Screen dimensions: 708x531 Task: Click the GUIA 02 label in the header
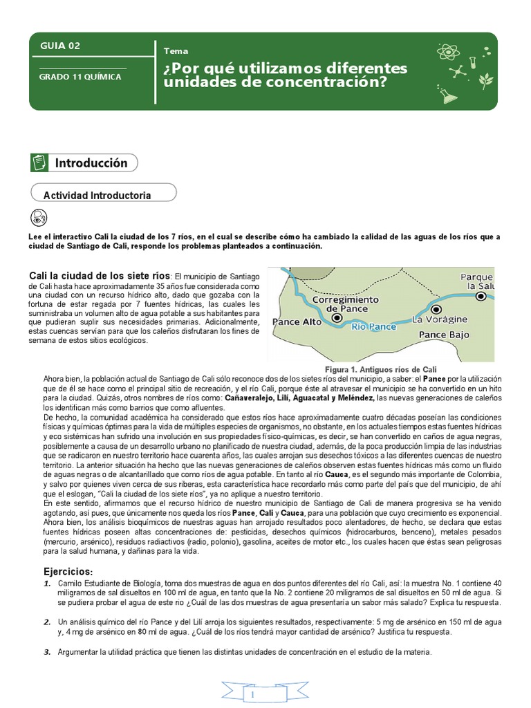click(x=59, y=46)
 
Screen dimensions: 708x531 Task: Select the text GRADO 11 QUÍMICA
click(x=80, y=77)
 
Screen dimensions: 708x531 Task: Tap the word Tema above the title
click(x=176, y=50)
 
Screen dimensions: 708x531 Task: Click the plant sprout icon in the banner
click(x=486, y=79)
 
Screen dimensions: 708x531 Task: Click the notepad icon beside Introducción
click(x=39, y=162)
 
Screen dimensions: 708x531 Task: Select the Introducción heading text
click(x=91, y=163)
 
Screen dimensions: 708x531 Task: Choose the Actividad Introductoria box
click(x=97, y=196)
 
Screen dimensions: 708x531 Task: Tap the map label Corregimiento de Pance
click(x=345, y=304)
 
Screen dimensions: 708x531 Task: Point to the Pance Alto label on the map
click(x=297, y=322)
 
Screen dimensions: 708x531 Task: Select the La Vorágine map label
click(x=440, y=319)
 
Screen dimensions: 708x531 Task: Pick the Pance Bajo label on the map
click(x=444, y=335)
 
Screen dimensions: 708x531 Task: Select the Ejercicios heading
click(x=67, y=572)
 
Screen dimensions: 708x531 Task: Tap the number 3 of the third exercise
click(x=47, y=652)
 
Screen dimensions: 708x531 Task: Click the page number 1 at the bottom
click(x=253, y=693)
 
